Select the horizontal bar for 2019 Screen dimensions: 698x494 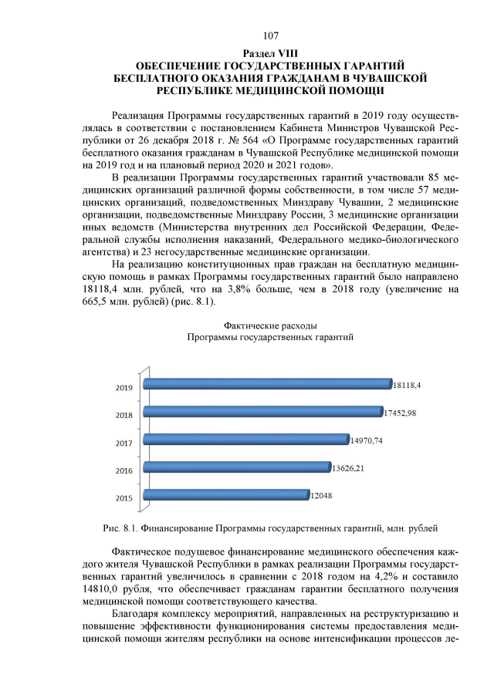(x=266, y=383)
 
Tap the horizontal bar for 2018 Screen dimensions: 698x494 (x=262, y=412)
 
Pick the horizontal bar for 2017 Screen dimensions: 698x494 (x=245, y=440)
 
